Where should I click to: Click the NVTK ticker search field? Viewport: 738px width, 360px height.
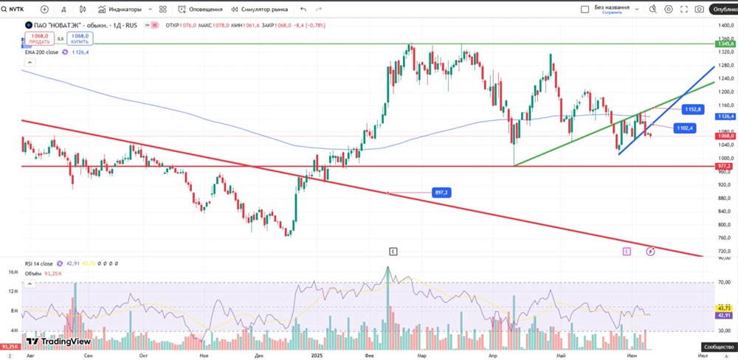click(x=16, y=10)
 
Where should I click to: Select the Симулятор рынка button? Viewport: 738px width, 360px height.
click(x=260, y=10)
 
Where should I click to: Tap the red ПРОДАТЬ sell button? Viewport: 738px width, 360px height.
click(x=39, y=38)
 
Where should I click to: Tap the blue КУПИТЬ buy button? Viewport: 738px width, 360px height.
click(x=80, y=38)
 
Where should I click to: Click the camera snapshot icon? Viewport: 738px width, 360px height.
click(x=699, y=10)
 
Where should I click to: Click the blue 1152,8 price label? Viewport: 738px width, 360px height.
click(x=692, y=109)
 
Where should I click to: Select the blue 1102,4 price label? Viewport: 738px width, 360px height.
click(x=686, y=128)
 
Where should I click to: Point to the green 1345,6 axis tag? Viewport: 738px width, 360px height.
click(x=725, y=44)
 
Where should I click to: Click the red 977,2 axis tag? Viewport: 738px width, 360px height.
click(x=725, y=167)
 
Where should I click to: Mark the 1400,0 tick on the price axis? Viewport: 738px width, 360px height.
click(x=725, y=26)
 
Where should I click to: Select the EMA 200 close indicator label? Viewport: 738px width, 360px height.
click(x=42, y=52)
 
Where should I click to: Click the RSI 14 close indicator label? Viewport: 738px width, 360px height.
click(x=39, y=263)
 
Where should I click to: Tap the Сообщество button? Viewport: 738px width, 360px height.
click(x=718, y=346)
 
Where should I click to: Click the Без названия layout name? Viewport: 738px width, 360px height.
click(x=612, y=7)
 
